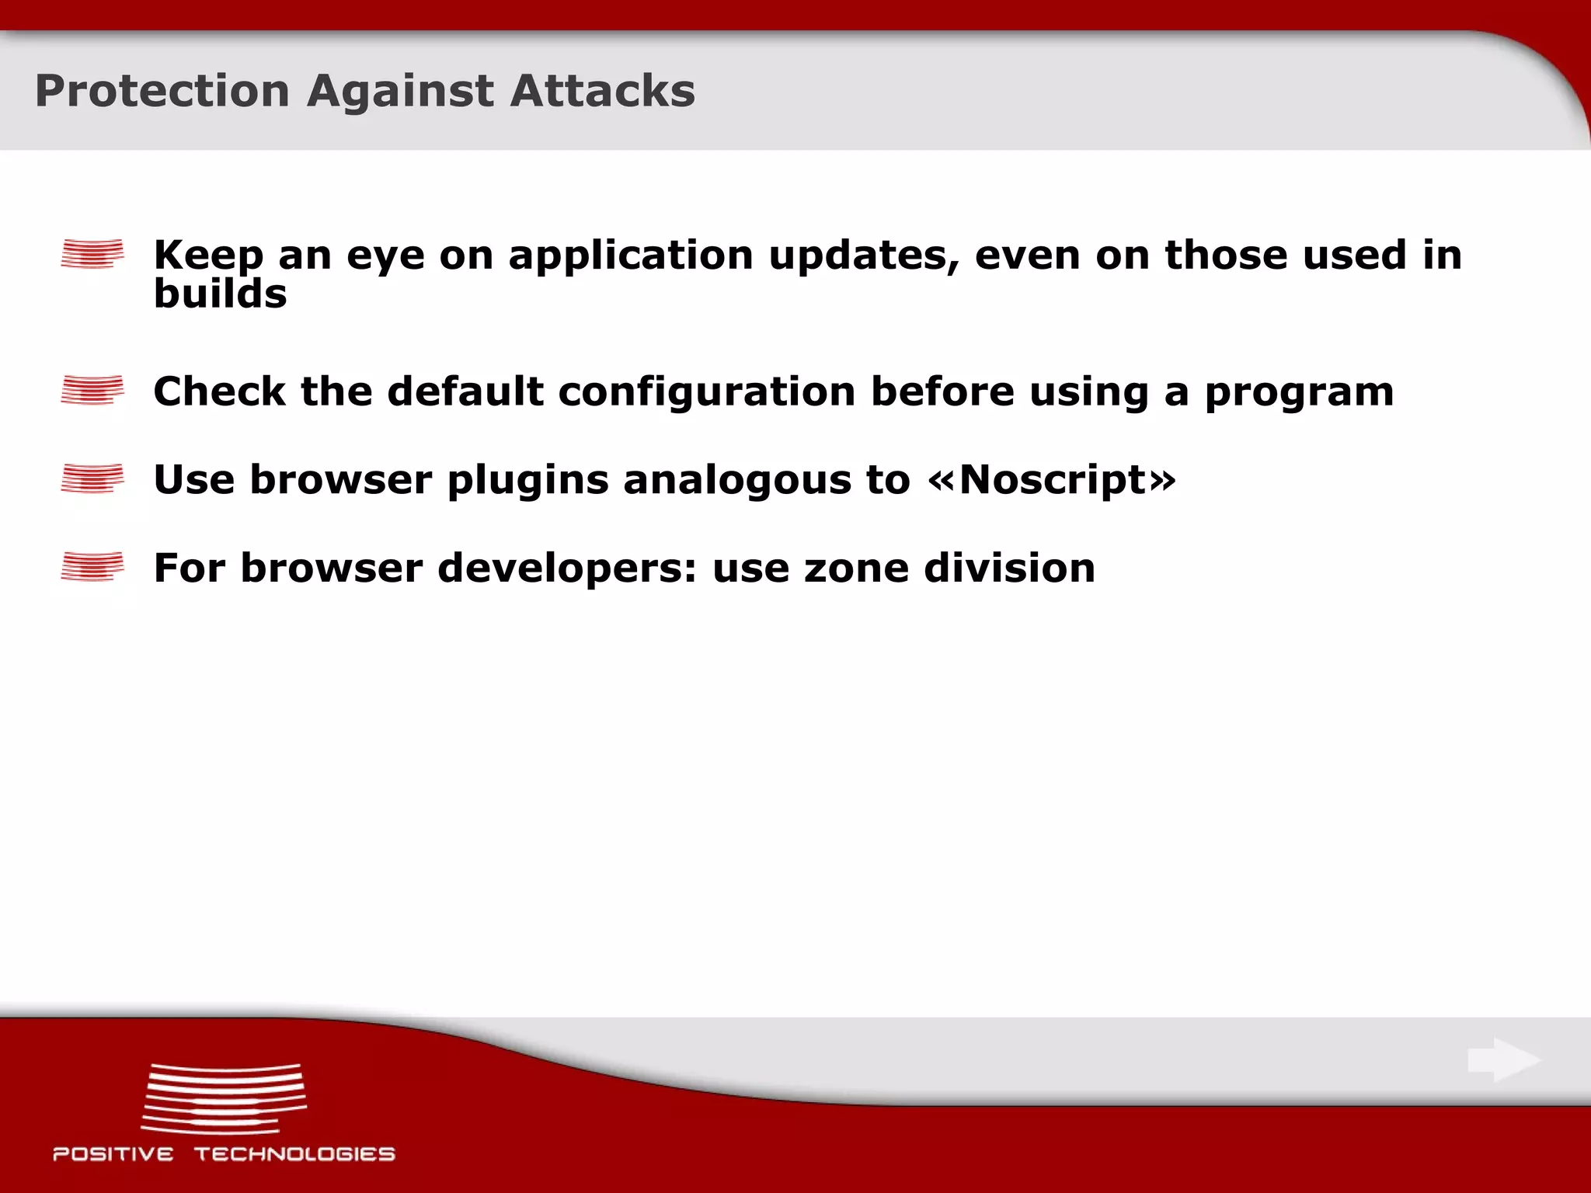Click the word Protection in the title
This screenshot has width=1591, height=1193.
click(x=162, y=92)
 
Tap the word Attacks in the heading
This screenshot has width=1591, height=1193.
click(x=602, y=92)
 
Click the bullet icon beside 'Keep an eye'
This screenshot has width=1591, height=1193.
click(x=92, y=254)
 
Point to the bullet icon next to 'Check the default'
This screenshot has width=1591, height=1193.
click(x=92, y=390)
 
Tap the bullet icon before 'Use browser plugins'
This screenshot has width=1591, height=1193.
click(x=92, y=478)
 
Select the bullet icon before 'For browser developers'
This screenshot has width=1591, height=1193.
click(x=92, y=566)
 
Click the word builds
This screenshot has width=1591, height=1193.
click(x=220, y=294)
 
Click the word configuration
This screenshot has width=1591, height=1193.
click(x=707, y=391)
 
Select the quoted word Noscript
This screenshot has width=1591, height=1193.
click(x=1053, y=480)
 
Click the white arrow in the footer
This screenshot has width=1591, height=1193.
click(x=1503, y=1059)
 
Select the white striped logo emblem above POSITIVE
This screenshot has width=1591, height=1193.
click(x=224, y=1098)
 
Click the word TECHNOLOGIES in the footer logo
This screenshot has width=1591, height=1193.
click(x=294, y=1154)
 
